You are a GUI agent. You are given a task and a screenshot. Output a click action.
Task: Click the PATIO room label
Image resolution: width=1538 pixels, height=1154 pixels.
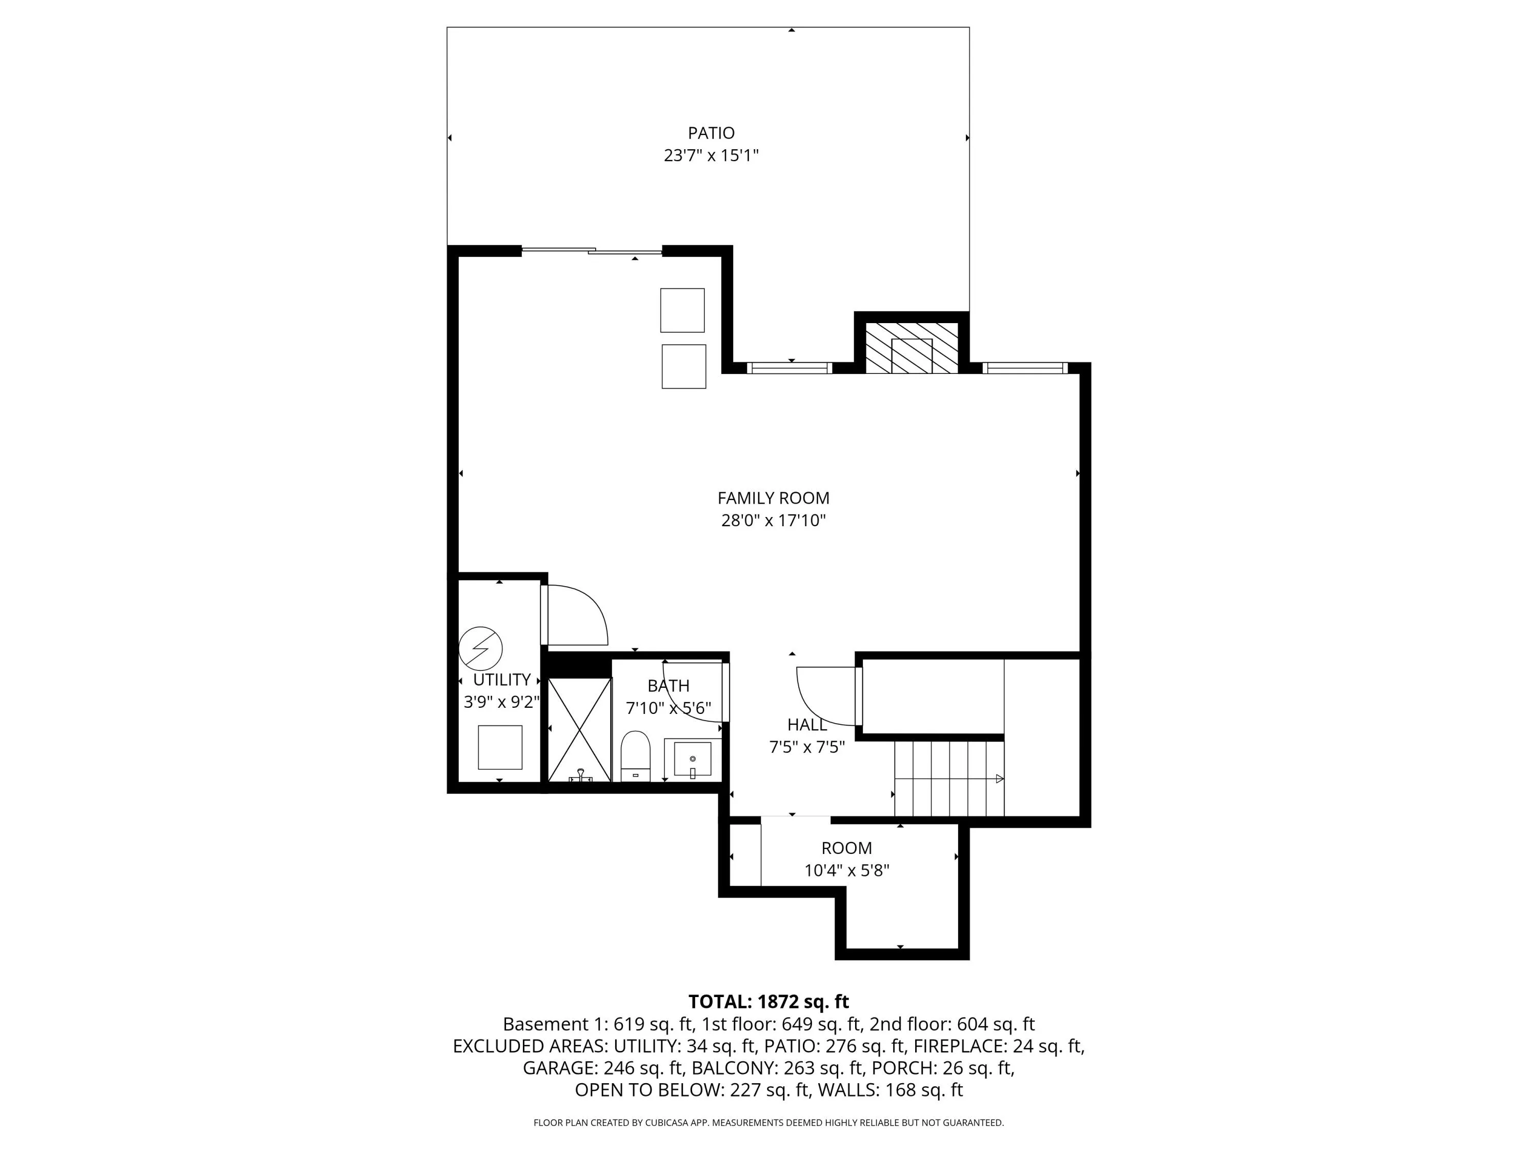(711, 133)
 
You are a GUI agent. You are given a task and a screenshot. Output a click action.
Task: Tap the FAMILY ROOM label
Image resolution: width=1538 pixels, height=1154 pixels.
(773, 498)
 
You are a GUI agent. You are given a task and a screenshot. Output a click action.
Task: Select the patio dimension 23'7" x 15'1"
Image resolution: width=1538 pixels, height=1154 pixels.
(711, 155)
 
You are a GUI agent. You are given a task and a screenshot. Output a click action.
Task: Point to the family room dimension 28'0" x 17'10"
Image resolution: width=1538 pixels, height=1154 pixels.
(773, 520)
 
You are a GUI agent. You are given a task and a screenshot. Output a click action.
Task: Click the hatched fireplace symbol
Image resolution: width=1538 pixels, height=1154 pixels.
(912, 347)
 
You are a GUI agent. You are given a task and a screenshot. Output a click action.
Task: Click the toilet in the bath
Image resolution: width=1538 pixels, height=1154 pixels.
(635, 756)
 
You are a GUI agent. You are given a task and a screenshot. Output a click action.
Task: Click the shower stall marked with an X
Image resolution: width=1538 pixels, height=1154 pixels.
(580, 730)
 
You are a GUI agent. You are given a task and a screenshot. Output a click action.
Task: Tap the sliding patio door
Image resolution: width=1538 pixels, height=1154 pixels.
(592, 250)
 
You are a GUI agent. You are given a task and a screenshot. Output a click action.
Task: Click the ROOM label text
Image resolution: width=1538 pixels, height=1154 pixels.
(846, 848)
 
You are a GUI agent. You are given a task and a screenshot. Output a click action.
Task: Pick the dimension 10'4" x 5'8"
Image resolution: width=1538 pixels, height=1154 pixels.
(846, 870)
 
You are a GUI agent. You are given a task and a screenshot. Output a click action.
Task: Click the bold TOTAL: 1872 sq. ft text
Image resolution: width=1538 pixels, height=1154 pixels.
(768, 1002)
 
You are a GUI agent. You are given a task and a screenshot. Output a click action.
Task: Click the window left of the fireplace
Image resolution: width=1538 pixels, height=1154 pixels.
(790, 368)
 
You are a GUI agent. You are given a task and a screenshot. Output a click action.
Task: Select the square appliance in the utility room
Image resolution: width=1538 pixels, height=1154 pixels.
(500, 747)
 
